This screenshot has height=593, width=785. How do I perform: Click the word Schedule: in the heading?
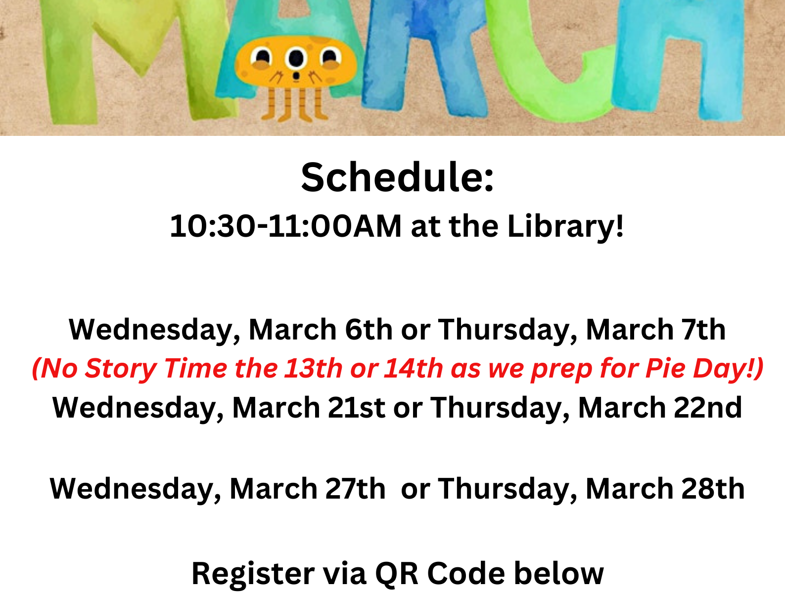[397, 177]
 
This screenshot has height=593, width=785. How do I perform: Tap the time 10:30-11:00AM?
[285, 226]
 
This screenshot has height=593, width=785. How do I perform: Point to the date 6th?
[369, 330]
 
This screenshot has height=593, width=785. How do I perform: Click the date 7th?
[704, 330]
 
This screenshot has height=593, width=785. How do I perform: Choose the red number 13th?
[313, 368]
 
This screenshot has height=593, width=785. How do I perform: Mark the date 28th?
[713, 489]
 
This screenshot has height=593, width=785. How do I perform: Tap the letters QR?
[396, 574]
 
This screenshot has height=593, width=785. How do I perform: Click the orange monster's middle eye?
[296, 58]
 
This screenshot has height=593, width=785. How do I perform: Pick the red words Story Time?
[156, 369]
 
